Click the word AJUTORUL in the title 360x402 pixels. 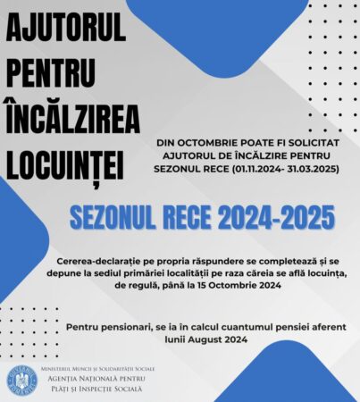pos(67,32)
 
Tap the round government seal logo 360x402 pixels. pos(21,380)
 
